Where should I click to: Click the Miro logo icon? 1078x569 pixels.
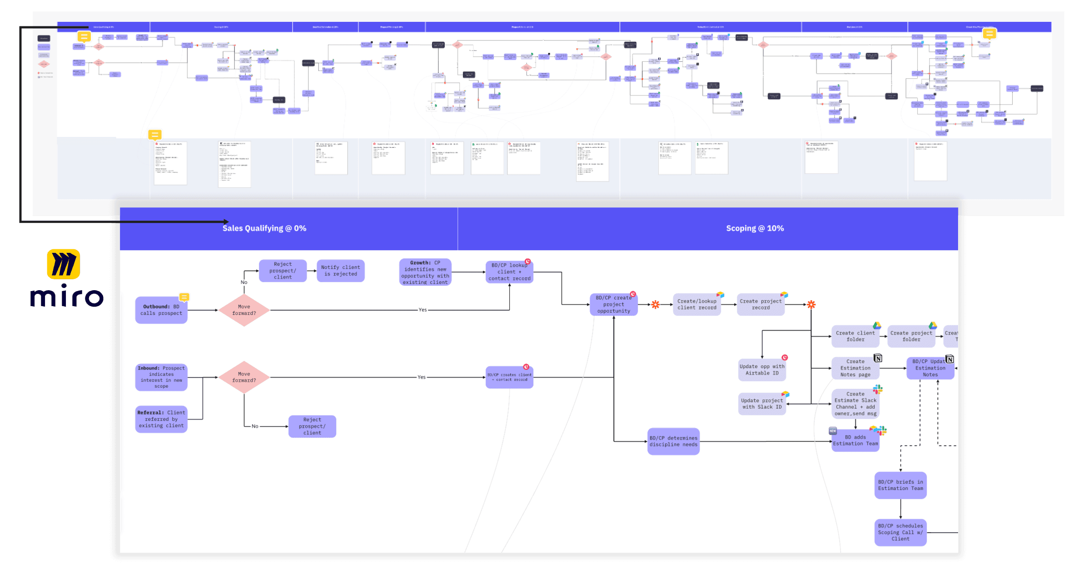coord(64,264)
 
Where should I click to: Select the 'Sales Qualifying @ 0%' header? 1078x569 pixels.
coord(264,228)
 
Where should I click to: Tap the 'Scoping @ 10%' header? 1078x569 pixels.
coord(755,228)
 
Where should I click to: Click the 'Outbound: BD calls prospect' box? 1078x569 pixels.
coord(161,310)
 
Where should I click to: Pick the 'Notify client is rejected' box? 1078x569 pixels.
coord(340,271)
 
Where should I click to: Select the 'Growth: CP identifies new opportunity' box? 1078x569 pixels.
coord(425,272)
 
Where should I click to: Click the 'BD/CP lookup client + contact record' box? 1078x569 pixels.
coord(509,272)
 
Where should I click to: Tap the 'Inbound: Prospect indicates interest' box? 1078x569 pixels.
coord(161,377)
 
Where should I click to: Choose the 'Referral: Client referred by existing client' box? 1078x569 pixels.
coord(161,419)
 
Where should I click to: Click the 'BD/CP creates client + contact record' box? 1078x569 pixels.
coord(509,377)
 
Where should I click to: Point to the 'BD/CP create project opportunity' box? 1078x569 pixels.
coord(613,304)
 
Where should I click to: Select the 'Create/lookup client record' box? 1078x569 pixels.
coord(696,304)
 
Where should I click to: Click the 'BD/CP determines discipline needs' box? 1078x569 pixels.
coord(673,441)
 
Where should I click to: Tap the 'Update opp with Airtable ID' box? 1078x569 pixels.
coord(762,369)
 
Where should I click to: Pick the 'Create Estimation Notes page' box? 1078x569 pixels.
coord(855,368)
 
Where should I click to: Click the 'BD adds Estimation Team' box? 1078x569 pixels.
coord(855,440)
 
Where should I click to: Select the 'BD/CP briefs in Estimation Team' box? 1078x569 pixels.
coord(900,485)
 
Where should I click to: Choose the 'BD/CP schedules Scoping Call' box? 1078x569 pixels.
coord(900,532)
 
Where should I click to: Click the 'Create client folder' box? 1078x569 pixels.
coord(855,336)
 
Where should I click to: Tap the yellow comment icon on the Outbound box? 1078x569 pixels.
coord(184,297)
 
